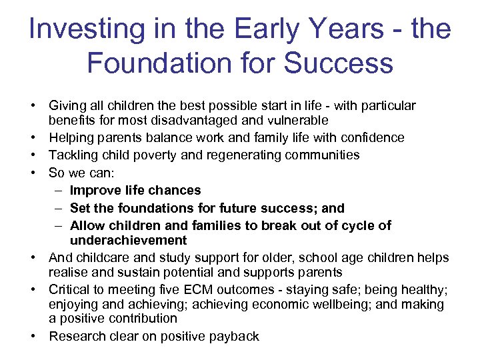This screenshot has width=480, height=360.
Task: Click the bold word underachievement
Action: (x=128, y=240)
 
